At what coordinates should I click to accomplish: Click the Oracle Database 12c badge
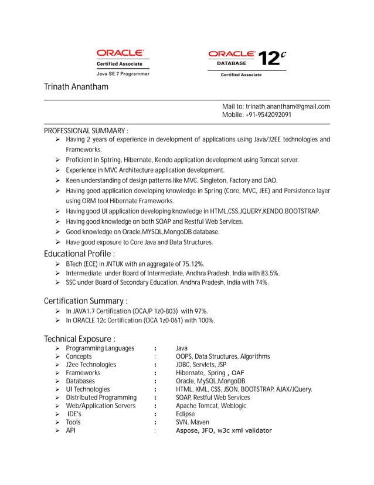247,62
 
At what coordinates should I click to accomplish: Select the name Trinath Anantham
76,87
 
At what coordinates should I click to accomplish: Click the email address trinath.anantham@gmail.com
287,106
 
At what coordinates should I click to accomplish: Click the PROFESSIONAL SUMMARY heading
86,130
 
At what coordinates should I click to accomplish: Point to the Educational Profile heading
79,254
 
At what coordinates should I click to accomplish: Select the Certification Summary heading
86,301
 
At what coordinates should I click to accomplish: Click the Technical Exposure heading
79,339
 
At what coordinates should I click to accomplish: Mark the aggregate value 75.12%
191,264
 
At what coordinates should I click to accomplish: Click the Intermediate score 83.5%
268,273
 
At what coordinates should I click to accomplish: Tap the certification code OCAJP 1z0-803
154,311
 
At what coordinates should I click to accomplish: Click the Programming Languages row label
100,348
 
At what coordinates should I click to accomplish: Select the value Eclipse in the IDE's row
185,414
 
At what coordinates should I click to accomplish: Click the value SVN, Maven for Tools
192,422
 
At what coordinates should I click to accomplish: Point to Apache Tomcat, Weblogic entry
211,406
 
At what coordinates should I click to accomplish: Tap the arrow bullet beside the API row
57,431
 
